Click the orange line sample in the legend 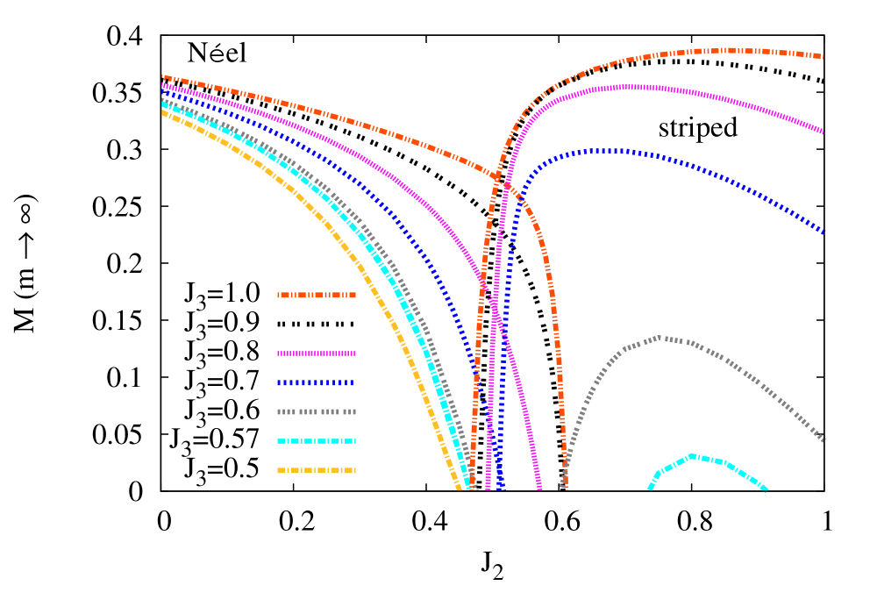[x=317, y=296]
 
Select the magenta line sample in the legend [x=317, y=353]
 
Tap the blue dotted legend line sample [x=317, y=382]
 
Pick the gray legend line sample [x=317, y=411]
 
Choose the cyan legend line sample [x=317, y=441]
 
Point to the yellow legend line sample [x=317, y=470]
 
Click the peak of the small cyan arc [x=693, y=455]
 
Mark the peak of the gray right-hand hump [x=664, y=338]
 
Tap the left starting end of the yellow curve [x=163, y=112]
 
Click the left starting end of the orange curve [x=163, y=77]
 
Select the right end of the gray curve [x=824, y=439]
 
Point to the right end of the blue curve [x=823, y=232]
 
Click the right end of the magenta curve [x=823, y=132]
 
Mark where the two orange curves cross [x=501, y=181]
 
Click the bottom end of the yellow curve [x=459, y=489]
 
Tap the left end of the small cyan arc [x=650, y=489]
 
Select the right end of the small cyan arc [x=766, y=489]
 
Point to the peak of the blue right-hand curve [x=605, y=151]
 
